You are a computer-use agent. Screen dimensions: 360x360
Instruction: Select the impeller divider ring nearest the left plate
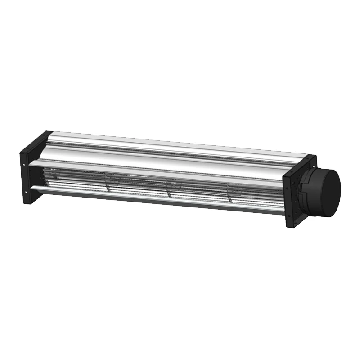[x=108, y=182]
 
